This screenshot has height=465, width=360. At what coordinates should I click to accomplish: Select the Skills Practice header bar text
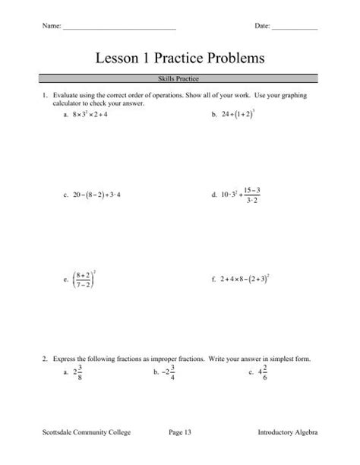179,78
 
